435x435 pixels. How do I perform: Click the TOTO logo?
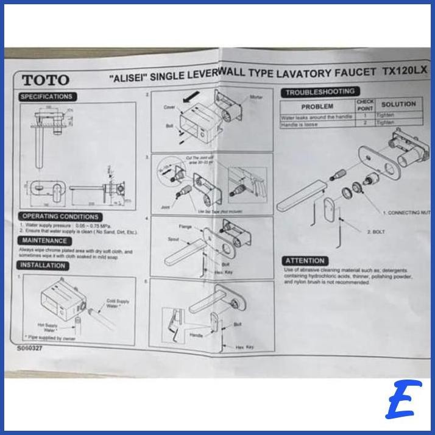point(46,80)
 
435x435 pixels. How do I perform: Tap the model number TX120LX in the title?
point(405,71)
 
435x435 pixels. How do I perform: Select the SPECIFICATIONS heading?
point(46,97)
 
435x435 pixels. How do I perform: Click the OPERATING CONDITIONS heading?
point(60,216)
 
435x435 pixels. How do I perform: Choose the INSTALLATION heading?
point(43,266)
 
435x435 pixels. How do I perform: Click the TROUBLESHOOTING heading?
point(320,91)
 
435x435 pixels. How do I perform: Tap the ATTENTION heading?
point(305,261)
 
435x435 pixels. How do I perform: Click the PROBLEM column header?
point(317,107)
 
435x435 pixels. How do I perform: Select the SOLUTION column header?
point(398,104)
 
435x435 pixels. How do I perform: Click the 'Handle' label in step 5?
point(196,335)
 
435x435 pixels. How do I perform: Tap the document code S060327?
point(30,349)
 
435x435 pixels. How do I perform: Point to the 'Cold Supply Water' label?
point(118,304)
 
